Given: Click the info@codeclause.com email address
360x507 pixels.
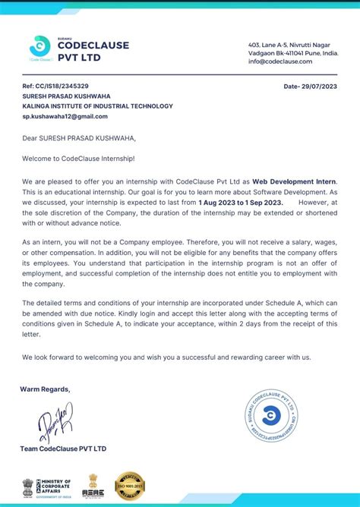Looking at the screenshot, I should (x=280, y=61).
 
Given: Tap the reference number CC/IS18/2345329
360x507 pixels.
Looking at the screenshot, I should (x=55, y=87).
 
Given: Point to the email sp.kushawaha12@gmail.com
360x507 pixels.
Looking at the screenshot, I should (x=65, y=116).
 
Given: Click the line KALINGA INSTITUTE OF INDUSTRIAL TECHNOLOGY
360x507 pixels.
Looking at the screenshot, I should (x=97, y=106).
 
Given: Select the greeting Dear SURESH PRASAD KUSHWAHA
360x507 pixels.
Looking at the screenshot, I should (x=79, y=138).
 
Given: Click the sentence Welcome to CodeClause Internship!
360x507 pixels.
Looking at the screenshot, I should (x=78, y=158).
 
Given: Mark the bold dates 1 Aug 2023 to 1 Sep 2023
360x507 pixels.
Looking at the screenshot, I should (x=241, y=203).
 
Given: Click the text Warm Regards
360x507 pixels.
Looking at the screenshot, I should (x=46, y=389).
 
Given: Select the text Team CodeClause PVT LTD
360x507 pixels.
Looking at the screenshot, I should (x=63, y=449).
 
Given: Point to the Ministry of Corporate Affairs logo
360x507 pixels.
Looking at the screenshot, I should (x=47, y=486).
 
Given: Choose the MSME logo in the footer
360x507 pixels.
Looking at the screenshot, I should (x=93, y=486).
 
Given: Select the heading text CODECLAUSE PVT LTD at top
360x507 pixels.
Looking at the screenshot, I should (x=93, y=50).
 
